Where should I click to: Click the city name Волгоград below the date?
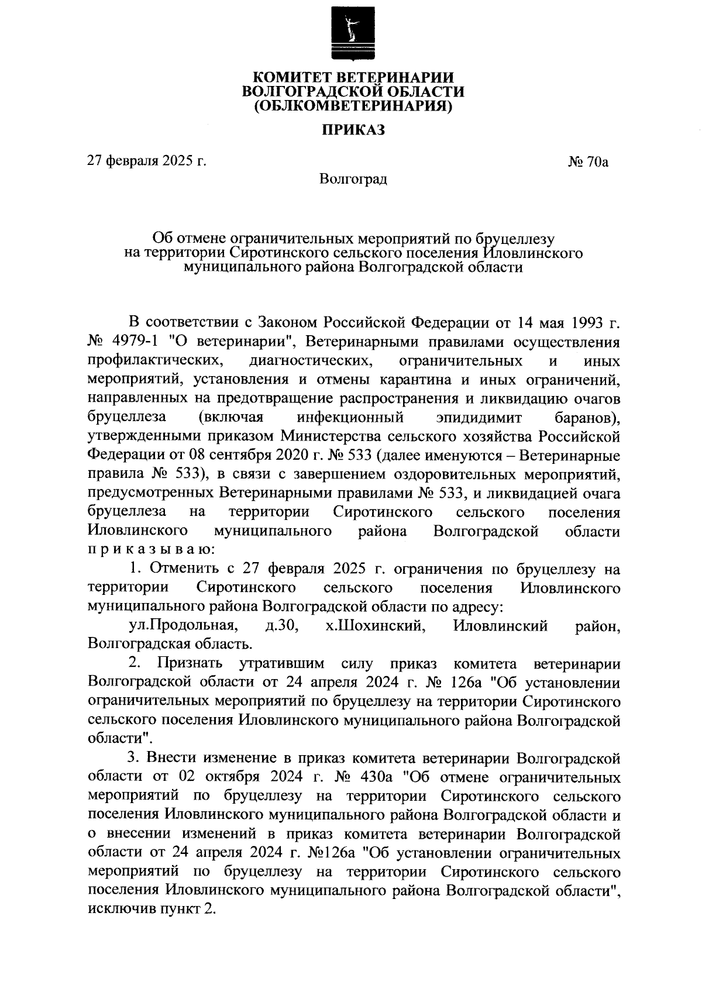pyautogui.click(x=353, y=178)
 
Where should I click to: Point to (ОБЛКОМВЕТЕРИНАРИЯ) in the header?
pyautogui.click(x=353, y=106)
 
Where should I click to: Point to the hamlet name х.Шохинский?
pyautogui.click(x=374, y=626)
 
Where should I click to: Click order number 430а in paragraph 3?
pyautogui.click(x=381, y=778)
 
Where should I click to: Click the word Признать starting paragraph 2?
pyautogui.click(x=190, y=664)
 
